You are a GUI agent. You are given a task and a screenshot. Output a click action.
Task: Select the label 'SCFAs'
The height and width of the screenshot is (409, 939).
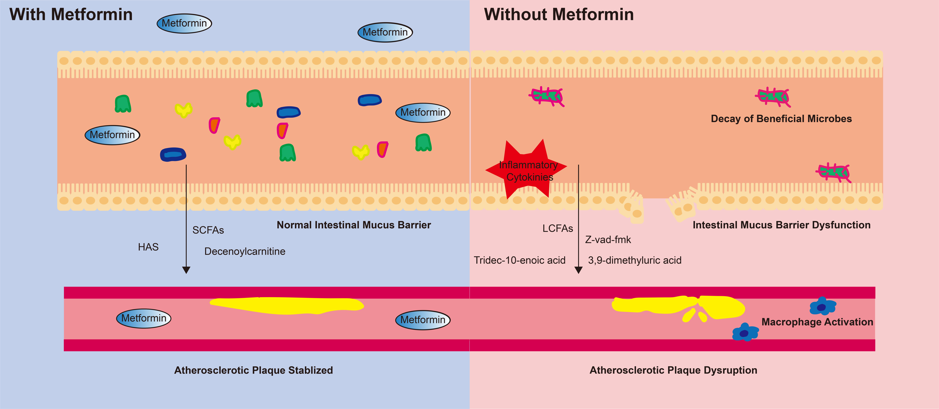(x=208, y=230)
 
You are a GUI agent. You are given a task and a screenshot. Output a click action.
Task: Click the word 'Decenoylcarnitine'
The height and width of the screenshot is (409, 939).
(x=245, y=251)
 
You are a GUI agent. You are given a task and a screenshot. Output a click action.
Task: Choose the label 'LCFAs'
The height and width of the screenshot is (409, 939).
(x=557, y=228)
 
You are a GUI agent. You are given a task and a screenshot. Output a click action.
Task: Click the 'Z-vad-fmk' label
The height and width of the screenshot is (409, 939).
(x=608, y=240)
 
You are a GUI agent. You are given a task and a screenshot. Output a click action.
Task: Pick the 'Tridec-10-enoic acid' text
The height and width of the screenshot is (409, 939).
(x=519, y=260)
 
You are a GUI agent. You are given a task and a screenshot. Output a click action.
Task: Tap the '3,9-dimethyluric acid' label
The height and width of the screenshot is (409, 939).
(x=635, y=260)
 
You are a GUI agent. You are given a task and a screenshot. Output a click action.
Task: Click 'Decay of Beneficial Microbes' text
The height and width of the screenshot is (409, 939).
(x=781, y=119)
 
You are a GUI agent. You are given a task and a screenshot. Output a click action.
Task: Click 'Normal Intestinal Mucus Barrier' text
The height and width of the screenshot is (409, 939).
(x=354, y=225)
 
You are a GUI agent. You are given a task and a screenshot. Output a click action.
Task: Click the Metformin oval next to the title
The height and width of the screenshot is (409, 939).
(x=184, y=23)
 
